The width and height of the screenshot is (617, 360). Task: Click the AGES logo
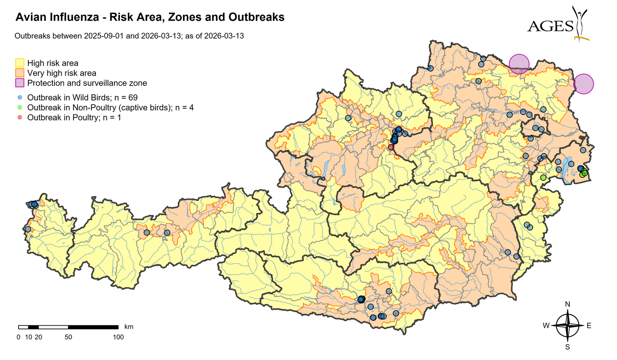point(558,24)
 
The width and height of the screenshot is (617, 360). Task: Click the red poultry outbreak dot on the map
point(391,147)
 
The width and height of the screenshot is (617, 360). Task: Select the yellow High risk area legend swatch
point(20,63)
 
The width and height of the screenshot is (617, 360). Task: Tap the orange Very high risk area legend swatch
point(20,73)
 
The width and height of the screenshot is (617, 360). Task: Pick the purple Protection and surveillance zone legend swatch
point(20,83)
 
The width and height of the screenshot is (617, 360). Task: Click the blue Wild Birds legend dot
point(20,97)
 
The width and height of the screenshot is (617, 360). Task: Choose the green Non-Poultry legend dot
point(20,107)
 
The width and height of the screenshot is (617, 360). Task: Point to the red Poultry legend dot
point(20,118)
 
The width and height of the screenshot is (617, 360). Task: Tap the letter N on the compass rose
point(567,304)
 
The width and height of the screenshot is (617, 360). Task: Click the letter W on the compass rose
point(545,326)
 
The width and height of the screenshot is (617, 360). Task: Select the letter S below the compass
point(567,347)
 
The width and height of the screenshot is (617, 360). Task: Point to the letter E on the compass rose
point(589,326)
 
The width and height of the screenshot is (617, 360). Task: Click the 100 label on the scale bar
point(118,337)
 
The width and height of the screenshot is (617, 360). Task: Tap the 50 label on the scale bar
point(68,337)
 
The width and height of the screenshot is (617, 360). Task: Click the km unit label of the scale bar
point(128,326)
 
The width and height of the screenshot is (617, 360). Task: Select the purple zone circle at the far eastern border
point(584,84)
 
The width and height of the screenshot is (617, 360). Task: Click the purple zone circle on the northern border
point(519,64)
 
